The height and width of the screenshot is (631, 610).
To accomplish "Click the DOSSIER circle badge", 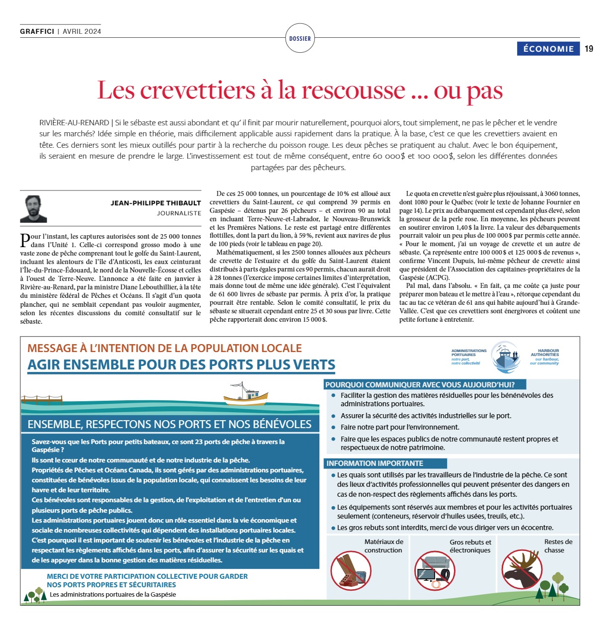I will click(x=300, y=38).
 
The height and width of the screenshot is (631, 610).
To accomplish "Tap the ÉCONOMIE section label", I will click(x=548, y=49).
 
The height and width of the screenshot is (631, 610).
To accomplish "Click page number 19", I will click(x=589, y=49).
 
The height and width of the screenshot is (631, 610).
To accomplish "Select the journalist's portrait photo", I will click(x=34, y=208).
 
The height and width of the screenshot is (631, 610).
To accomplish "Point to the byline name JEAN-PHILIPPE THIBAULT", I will click(x=155, y=203).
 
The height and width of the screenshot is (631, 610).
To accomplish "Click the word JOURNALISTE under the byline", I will click(x=179, y=213).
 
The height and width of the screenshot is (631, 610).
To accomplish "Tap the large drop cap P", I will click(x=25, y=240).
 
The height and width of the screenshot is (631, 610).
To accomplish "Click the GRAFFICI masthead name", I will click(x=37, y=31).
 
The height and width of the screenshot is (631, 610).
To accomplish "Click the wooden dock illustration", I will click(x=42, y=399).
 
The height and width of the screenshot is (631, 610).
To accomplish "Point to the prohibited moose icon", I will click(x=522, y=570).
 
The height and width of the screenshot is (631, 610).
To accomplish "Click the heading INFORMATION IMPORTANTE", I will click(x=375, y=463).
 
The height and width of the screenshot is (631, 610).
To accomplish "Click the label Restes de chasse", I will click(x=558, y=546).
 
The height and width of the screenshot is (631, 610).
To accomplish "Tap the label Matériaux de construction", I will click(x=383, y=546).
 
